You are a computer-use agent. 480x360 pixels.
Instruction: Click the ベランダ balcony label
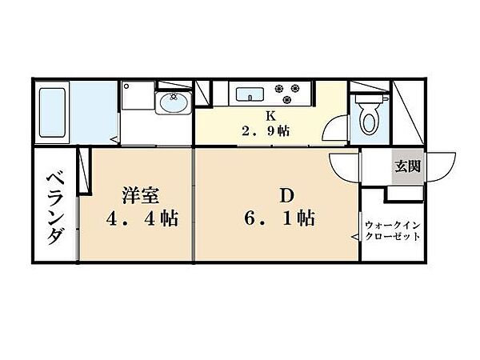pyautogui.click(x=55, y=207)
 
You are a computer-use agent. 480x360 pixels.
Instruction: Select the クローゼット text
pyautogui.click(x=391, y=238)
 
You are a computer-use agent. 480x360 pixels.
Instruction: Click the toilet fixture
pyautogui.click(x=369, y=113)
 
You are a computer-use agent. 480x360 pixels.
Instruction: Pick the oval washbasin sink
pyautogui.click(x=171, y=104)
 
